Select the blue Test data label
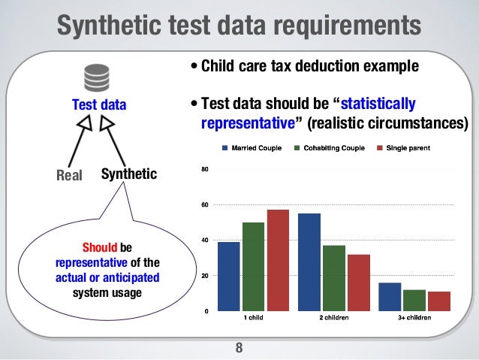(98, 105)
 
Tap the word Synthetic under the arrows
(128, 174)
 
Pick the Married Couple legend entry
(252, 148)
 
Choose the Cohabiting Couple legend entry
(330, 148)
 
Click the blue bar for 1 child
(229, 276)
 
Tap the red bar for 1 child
(277, 260)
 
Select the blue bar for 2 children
(309, 262)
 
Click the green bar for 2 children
(334, 277)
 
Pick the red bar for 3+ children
(438, 301)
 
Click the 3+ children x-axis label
(414, 319)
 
